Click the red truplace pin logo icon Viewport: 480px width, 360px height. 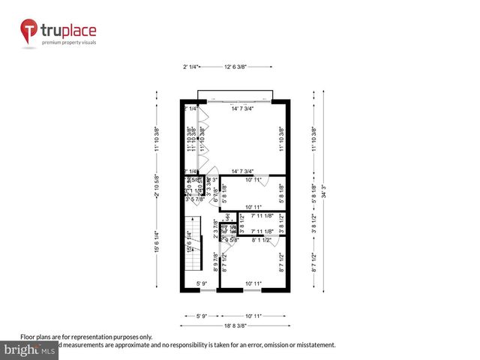[x=30, y=32]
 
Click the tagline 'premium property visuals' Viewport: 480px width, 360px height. [x=74, y=42]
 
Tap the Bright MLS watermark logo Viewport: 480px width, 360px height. [x=30, y=350]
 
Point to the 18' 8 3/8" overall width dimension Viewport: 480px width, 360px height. [x=235, y=327]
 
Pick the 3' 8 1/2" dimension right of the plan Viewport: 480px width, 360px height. [x=313, y=223]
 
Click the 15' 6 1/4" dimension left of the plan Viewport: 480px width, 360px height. [x=157, y=242]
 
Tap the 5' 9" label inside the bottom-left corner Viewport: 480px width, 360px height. [x=202, y=283]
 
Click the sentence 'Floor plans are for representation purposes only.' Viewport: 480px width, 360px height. [x=86, y=337]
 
